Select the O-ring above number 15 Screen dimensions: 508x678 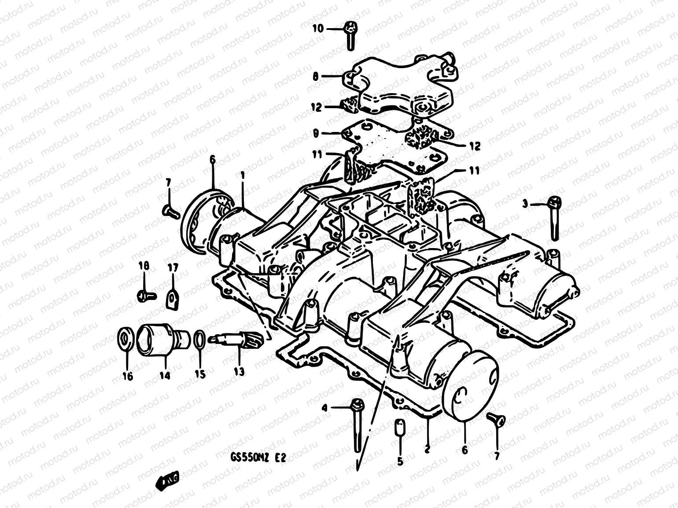pos(199,339)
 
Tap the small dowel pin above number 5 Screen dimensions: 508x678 pos(400,427)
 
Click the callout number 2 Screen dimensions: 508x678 pos(427,450)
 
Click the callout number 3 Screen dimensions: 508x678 pos(525,204)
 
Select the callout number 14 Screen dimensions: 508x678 pos(165,375)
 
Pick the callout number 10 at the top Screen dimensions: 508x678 pos(318,28)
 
